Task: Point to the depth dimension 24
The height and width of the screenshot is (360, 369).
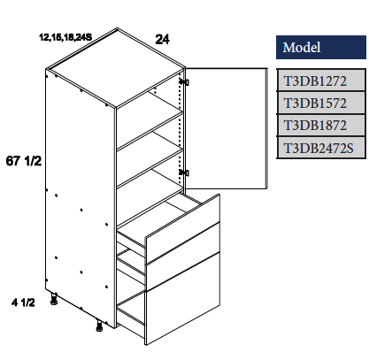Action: (x=161, y=39)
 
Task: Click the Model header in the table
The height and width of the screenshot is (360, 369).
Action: (x=302, y=48)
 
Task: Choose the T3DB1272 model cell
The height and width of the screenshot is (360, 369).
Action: (x=315, y=81)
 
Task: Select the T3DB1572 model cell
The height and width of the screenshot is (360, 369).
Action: (x=315, y=103)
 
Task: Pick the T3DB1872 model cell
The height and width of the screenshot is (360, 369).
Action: (x=315, y=126)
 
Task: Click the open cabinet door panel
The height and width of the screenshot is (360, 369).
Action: (x=227, y=128)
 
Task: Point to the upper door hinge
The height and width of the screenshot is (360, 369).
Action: (x=184, y=82)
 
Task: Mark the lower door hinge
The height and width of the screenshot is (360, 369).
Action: (x=184, y=172)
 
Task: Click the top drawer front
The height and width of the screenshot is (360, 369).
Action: (x=181, y=221)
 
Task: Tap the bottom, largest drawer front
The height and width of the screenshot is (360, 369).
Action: (x=181, y=296)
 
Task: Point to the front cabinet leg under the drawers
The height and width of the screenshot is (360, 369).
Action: (x=98, y=329)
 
